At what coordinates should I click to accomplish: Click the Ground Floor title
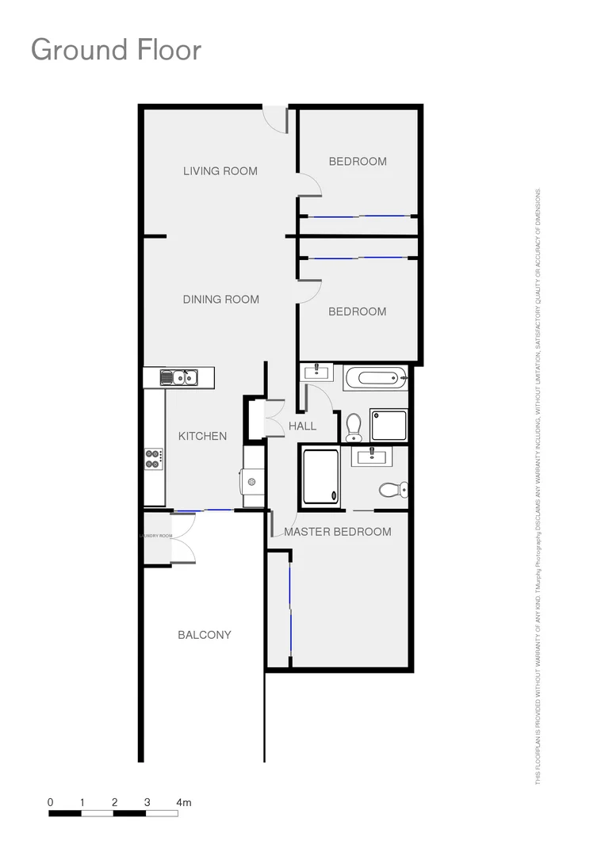point(116,50)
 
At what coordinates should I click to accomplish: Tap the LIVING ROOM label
point(220,170)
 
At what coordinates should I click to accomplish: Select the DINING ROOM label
point(221,300)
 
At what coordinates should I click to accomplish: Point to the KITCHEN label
point(202,436)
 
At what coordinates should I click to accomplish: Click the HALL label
point(302,426)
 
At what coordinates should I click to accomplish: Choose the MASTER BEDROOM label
point(338,532)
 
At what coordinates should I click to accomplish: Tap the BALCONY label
point(205,635)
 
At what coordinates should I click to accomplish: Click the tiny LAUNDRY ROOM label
point(156,536)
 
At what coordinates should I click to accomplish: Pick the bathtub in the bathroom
point(377,377)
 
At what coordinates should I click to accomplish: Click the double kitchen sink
point(179,377)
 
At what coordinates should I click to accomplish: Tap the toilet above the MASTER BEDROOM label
point(392,489)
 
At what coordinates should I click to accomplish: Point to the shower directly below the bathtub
point(389,425)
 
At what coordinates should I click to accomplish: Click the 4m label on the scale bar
point(184,803)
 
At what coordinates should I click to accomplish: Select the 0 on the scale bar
point(50,803)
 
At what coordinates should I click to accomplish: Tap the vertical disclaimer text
point(538,487)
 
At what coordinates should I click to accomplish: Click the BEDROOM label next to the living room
point(358,162)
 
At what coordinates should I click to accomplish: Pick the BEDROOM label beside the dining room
point(358,311)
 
